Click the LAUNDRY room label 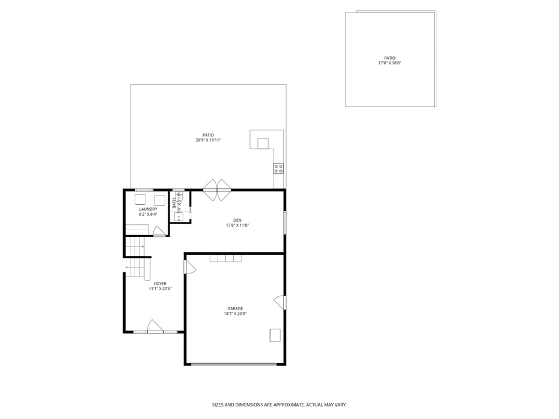click(x=148, y=209)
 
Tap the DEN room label click(x=237, y=221)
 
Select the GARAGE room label click(x=235, y=309)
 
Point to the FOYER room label click(x=160, y=284)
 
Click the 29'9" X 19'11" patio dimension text click(x=208, y=140)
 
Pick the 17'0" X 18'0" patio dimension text click(x=390, y=63)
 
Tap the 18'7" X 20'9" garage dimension click(x=235, y=314)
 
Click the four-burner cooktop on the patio click(x=278, y=169)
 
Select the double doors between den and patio click(x=217, y=190)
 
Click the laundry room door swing click(x=159, y=231)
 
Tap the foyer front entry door click(x=155, y=326)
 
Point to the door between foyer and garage click(x=190, y=266)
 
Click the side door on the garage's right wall click(x=280, y=302)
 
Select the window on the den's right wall click(x=285, y=223)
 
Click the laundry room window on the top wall click(x=144, y=190)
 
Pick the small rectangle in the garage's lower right click(x=275, y=335)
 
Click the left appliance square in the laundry click(x=140, y=200)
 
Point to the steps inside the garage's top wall click(x=225, y=258)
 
